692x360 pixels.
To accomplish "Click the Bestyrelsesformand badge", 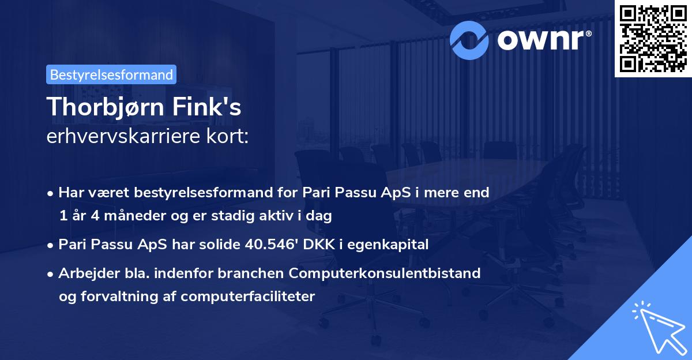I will (111, 74).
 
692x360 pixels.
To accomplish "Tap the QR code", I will (653, 38).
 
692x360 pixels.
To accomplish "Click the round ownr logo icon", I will (469, 40).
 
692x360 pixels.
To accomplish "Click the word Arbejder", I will (85, 273).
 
